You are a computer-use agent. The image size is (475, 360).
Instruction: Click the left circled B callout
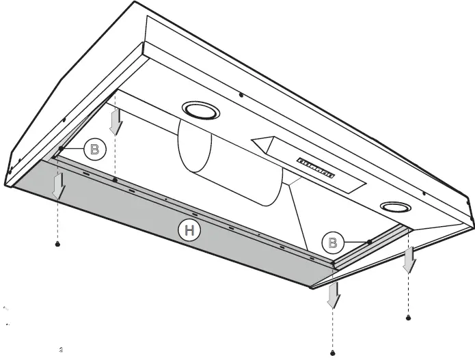tap(94, 149)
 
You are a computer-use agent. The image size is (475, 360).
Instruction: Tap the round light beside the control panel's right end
tap(393, 207)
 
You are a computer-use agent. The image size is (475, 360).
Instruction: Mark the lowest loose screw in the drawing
tap(333, 352)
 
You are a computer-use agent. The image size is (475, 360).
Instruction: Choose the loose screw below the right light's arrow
tap(409, 318)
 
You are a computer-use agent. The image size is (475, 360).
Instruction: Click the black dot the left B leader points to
tap(62, 148)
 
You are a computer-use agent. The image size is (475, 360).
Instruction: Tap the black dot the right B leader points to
tap(369, 241)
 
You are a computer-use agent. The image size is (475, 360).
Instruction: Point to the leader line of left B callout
tap(73, 148)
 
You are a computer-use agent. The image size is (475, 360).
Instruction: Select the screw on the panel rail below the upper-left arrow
tap(116, 180)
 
